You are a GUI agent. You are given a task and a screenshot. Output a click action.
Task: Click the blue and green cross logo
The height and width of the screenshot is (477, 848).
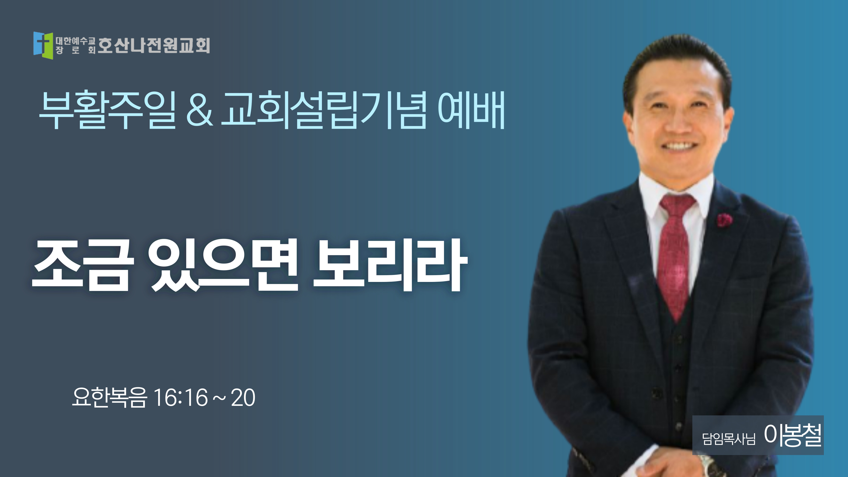tap(43, 45)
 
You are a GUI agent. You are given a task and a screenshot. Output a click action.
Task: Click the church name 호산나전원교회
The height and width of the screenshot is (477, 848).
tap(154, 45)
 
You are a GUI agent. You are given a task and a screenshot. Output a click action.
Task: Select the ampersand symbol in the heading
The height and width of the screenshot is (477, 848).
tap(200, 110)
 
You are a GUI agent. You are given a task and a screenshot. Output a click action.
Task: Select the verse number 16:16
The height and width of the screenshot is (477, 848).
tap(181, 398)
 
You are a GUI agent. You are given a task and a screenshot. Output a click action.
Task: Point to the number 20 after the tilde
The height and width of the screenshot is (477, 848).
tap(243, 398)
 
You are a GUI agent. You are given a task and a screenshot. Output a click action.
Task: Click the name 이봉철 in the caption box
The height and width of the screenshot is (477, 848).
tap(792, 435)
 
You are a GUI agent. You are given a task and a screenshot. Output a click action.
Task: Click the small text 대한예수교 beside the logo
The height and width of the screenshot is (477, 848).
tap(75, 41)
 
